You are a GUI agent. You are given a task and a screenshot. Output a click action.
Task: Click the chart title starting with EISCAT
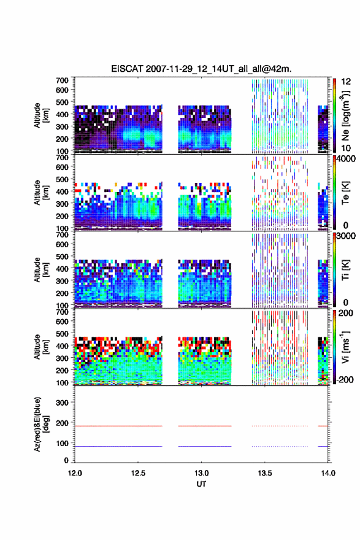pyautogui.click(x=201, y=69)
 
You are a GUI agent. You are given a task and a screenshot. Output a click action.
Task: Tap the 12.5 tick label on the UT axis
pyautogui.click(x=138, y=473)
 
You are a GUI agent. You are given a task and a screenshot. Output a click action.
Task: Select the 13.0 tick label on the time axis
pyautogui.click(x=201, y=473)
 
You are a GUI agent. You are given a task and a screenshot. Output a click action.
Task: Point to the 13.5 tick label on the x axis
pyautogui.click(x=265, y=473)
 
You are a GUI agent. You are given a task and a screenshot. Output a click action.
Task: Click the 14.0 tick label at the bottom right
pyautogui.click(x=328, y=473)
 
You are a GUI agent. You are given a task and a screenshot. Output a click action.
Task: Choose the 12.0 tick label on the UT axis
pyautogui.click(x=75, y=473)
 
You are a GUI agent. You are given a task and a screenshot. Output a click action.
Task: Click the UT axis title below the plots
pyautogui.click(x=201, y=484)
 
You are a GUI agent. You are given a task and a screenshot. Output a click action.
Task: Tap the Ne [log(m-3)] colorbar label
pyautogui.click(x=345, y=115)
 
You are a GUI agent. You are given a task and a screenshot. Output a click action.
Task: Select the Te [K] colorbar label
pyautogui.click(x=345, y=193)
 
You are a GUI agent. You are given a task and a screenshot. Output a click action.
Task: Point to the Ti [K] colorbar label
pyautogui.click(x=345, y=270)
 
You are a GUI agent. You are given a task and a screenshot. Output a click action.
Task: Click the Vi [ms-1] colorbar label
pyautogui.click(x=345, y=347)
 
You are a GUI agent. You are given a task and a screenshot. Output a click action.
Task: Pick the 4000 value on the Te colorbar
pyautogui.click(x=345, y=159)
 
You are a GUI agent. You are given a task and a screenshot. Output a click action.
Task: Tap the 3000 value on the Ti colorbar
pyautogui.click(x=345, y=236)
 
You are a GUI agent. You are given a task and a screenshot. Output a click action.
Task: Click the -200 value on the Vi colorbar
pyautogui.click(x=345, y=379)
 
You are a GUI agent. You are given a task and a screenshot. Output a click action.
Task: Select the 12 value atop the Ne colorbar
pyautogui.click(x=346, y=82)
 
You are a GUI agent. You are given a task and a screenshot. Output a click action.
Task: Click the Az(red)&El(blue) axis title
pyautogui.click(x=41, y=424)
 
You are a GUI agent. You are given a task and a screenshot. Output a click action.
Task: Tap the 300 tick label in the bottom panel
pyautogui.click(x=63, y=403)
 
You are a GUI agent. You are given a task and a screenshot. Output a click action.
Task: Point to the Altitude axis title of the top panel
pyautogui.click(x=41, y=115)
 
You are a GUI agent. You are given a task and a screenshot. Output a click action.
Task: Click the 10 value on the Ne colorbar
pyautogui.click(x=346, y=148)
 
